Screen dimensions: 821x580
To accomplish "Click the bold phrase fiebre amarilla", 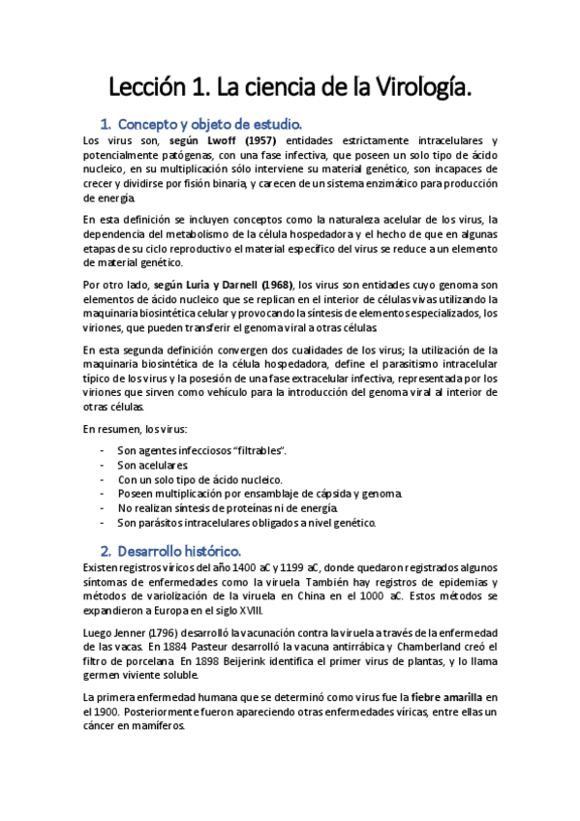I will point(449,696).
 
